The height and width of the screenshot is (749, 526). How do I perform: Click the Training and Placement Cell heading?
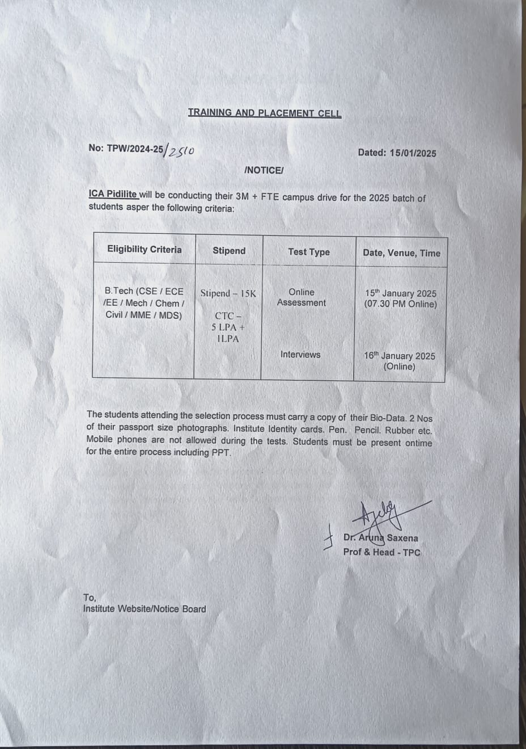click(265, 112)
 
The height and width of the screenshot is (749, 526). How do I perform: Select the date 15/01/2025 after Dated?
click(413, 153)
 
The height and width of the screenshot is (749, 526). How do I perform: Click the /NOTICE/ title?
click(264, 170)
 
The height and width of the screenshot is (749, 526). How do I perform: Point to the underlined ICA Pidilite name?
click(113, 193)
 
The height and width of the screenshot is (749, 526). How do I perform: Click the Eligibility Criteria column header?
click(145, 249)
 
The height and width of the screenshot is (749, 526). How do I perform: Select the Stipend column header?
click(229, 250)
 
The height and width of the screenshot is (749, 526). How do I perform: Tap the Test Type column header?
click(308, 251)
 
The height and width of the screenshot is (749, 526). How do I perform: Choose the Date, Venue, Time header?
click(401, 253)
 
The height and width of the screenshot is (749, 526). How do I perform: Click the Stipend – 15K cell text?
click(228, 293)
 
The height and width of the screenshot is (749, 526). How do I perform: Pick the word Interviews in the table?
click(300, 355)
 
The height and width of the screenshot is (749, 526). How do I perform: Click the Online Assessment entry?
click(301, 297)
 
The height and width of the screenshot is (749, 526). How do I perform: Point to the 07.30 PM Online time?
click(401, 304)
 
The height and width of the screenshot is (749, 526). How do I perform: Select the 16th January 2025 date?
click(400, 356)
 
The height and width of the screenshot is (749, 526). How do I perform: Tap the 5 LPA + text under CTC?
click(228, 327)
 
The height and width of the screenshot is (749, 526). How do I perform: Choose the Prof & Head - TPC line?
click(381, 552)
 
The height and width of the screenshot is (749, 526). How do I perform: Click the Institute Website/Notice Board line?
click(145, 609)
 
